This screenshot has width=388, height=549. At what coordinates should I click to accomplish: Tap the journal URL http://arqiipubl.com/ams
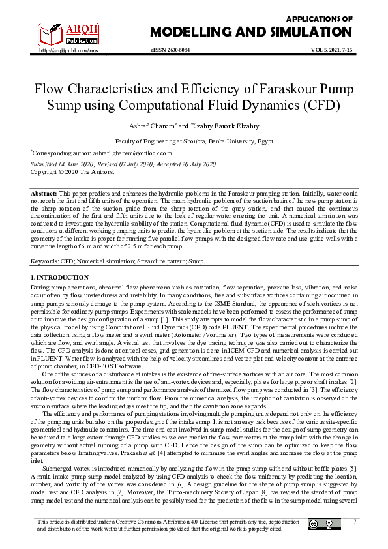coord(69,50)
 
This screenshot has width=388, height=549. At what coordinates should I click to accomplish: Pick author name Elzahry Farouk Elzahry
coord(224,125)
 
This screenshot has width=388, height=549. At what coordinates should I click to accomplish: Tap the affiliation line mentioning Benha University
coord(194,140)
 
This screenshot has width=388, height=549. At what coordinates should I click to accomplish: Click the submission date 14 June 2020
coord(78,164)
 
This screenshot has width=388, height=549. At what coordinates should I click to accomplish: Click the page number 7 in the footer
coord(355,521)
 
